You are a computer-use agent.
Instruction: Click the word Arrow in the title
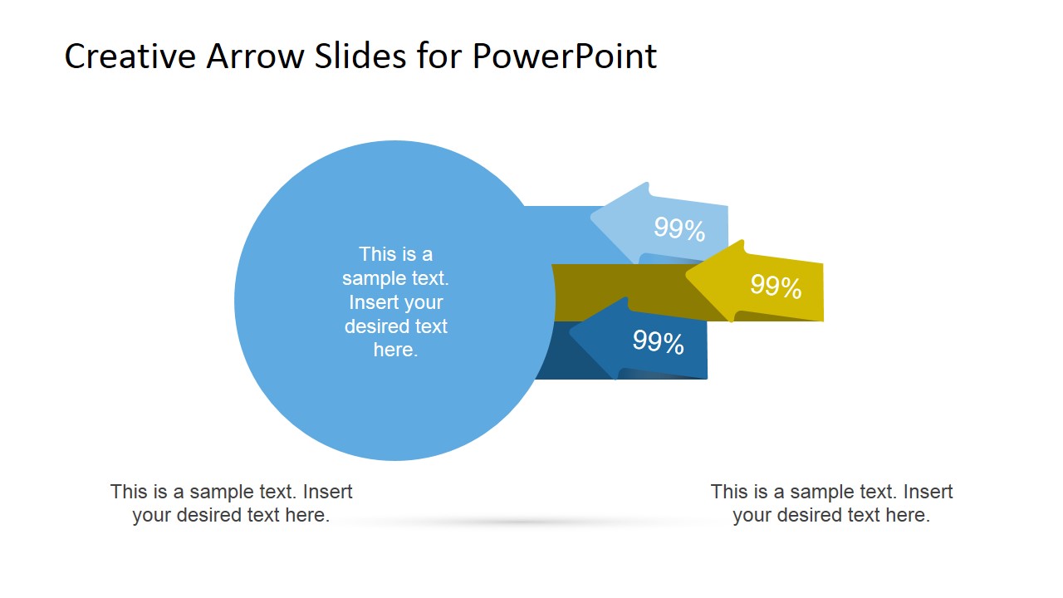(245, 56)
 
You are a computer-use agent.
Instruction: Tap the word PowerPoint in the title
(565, 56)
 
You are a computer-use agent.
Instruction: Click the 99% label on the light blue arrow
(679, 229)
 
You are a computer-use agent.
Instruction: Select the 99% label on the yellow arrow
(776, 287)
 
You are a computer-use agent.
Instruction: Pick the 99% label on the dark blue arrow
(658, 342)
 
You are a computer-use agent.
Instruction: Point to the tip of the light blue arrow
(593, 218)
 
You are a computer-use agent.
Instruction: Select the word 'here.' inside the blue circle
(395, 350)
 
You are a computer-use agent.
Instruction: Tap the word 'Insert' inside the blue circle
(373, 302)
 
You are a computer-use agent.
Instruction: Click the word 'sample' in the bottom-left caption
(208, 492)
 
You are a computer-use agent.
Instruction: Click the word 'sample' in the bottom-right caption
(808, 492)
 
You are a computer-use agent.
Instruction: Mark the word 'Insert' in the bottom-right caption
(928, 492)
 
